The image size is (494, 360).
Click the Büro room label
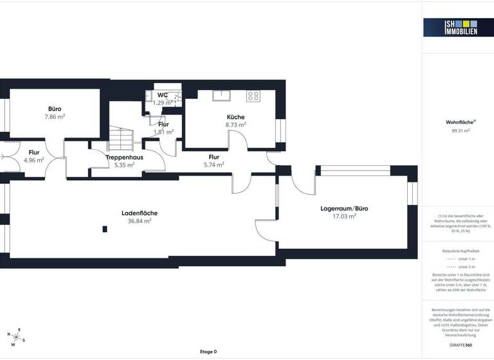pyautogui.click(x=55, y=109)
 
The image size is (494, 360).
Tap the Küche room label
pyautogui.click(x=235, y=117)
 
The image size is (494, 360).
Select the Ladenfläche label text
pyautogui.click(x=140, y=213)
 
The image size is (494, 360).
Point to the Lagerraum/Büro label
pyautogui.click(x=344, y=208)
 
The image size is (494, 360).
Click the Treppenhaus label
pyautogui.click(x=124, y=157)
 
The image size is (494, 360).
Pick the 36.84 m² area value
pyautogui.click(x=140, y=221)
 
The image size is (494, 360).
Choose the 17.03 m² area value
pyautogui.click(x=344, y=217)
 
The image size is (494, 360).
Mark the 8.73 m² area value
pyautogui.click(x=235, y=125)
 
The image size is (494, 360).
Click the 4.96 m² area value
pyautogui.click(x=33, y=160)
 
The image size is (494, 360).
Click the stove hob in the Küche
pyautogui.click(x=253, y=96)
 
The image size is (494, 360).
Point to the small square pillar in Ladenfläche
pyautogui.click(x=104, y=228)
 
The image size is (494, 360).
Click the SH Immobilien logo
pyautogui.click(x=450, y=27)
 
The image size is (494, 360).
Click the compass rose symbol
pyautogui.click(x=16, y=336)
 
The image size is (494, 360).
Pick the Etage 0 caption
pyautogui.click(x=208, y=352)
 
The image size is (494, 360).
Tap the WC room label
pyautogui.click(x=163, y=95)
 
